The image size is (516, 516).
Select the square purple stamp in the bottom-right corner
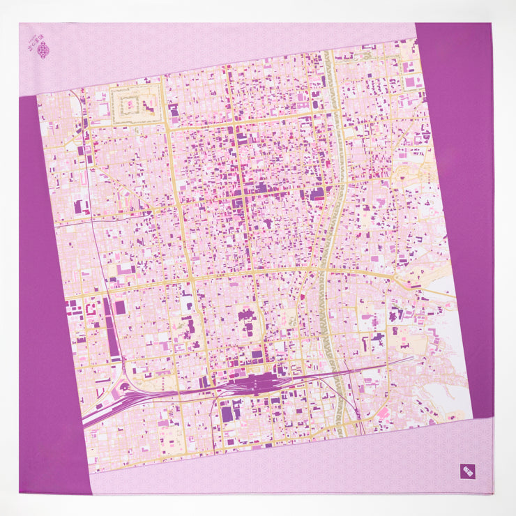click(467, 471)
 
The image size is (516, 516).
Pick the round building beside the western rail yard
click(124, 387)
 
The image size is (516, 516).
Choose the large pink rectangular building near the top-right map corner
click(412, 82)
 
